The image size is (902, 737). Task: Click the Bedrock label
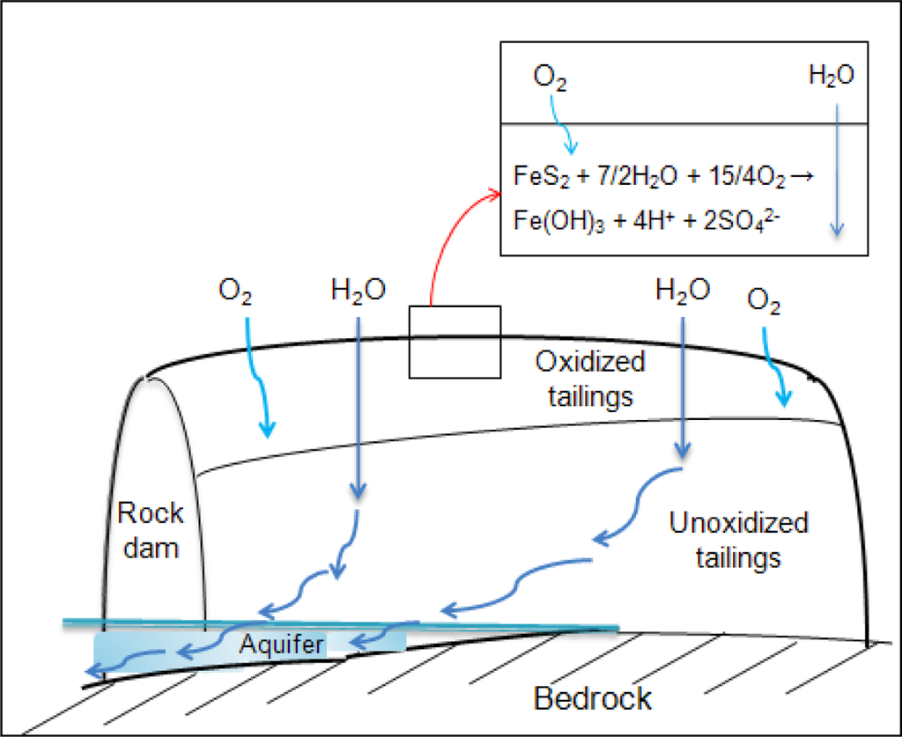point(593,698)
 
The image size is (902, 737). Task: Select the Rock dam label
point(150,529)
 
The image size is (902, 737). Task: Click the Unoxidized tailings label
point(738,540)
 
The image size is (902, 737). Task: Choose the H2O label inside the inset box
point(831,77)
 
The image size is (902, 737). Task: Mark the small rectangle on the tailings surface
point(455,342)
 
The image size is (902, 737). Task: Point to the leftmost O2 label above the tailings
point(234,293)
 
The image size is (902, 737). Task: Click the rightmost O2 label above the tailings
point(765,302)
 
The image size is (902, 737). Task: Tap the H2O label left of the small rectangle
point(357,291)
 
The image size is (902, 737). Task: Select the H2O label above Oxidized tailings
point(683,291)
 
